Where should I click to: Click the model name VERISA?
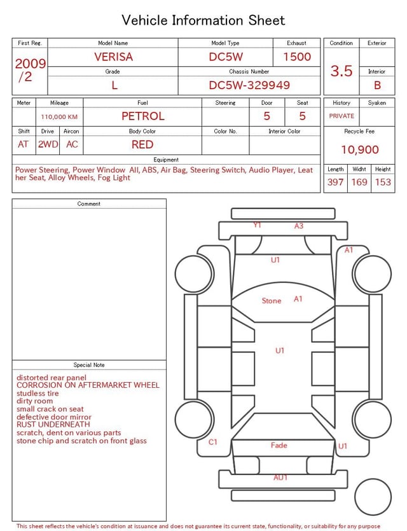(113, 57)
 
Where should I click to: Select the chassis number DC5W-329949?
(249, 85)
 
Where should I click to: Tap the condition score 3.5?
(341, 71)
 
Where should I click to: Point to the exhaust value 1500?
(297, 57)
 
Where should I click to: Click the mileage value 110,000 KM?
(59, 117)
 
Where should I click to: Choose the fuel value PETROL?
(143, 116)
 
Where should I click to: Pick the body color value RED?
(142, 144)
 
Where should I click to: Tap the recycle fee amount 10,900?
(359, 149)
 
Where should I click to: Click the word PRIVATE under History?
(341, 116)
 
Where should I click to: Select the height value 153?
(383, 182)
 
